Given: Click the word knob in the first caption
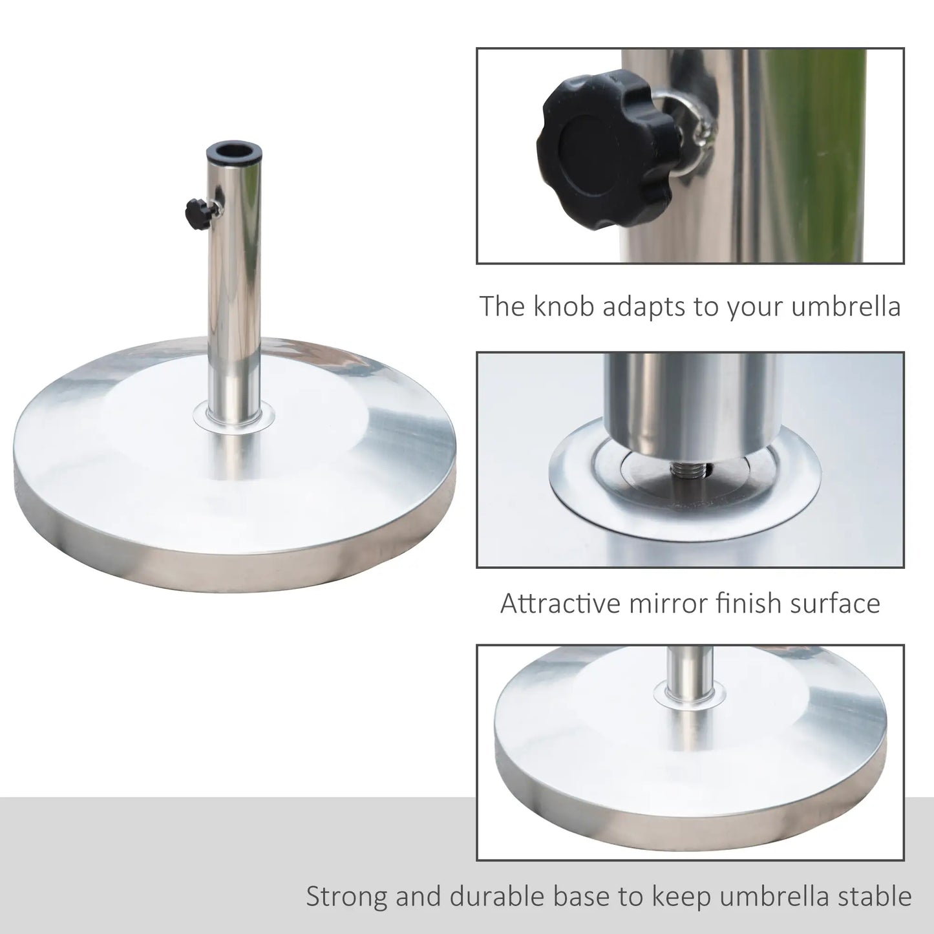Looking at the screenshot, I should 564,306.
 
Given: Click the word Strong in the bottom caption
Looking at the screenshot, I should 347,897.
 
